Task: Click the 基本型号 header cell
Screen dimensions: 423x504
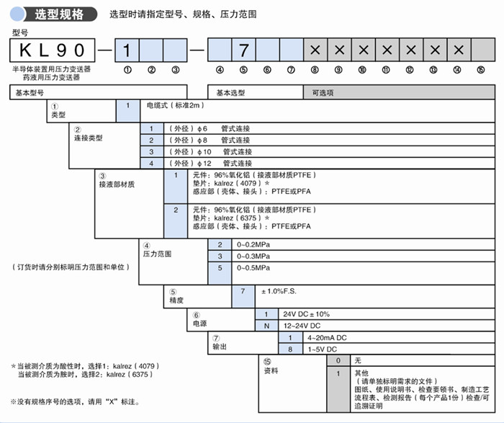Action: tap(98, 93)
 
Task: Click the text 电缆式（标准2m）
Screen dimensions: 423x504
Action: tap(174, 105)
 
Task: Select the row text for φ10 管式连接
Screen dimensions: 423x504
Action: tap(210, 152)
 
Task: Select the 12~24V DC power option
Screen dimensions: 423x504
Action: tap(302, 326)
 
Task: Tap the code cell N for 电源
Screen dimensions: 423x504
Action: tap(266, 326)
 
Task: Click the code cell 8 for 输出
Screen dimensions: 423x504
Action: tap(290, 349)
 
